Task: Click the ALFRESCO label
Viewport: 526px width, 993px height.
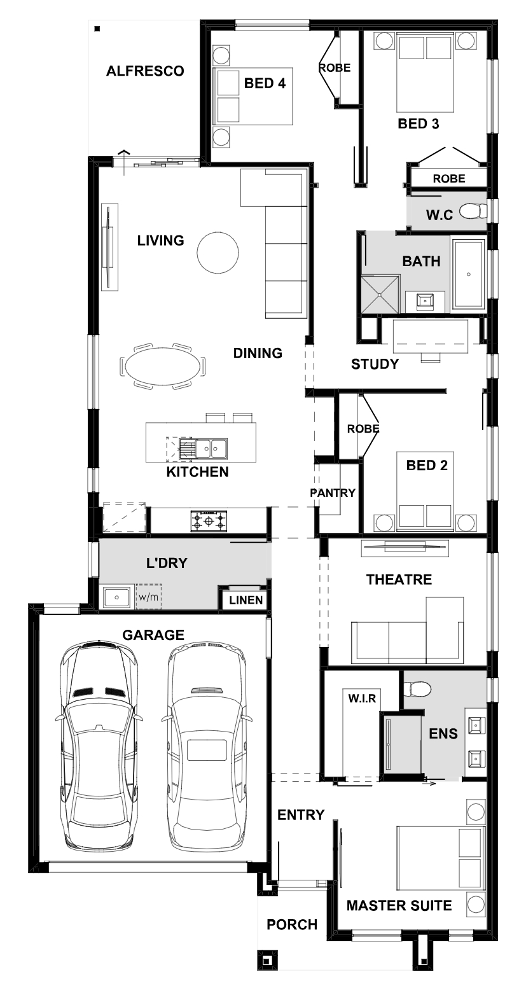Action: [145, 71]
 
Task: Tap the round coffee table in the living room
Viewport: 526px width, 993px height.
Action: [218, 252]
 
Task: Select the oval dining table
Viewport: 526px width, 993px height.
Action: [162, 366]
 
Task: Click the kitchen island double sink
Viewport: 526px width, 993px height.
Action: [210, 448]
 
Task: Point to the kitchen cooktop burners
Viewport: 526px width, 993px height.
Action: [208, 520]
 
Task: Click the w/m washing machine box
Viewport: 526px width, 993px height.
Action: [148, 597]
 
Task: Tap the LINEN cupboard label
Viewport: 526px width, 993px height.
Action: [246, 601]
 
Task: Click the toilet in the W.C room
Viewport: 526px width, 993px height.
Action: [473, 211]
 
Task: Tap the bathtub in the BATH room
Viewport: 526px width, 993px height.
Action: [468, 274]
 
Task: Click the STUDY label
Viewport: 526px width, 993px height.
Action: [375, 365]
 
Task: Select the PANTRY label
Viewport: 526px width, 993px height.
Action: [333, 492]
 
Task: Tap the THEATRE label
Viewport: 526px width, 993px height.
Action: [399, 580]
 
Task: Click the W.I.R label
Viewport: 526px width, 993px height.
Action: [362, 698]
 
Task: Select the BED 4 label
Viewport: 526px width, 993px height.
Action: [265, 83]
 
